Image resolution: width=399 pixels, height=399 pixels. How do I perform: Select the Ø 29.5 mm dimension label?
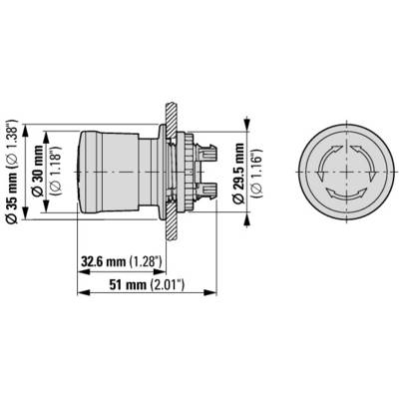click(238, 174)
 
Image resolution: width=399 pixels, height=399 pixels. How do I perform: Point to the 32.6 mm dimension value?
click(104, 262)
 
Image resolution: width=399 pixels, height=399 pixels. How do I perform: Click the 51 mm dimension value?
click(128, 284)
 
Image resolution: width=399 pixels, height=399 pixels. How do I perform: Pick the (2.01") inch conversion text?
click(168, 284)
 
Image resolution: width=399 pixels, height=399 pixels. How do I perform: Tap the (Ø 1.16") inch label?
click(257, 174)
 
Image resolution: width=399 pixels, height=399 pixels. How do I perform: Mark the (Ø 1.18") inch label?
click(56, 170)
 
